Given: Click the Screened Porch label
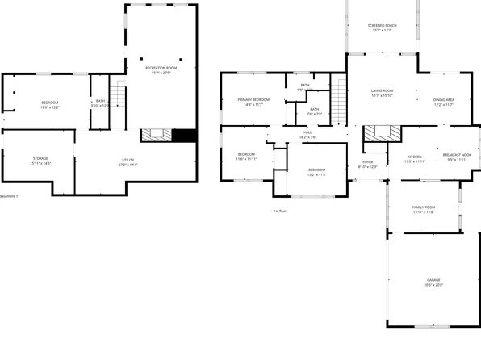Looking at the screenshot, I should tap(383, 27).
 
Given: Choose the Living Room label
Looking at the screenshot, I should tap(382, 91).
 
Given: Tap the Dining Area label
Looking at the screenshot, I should tap(443, 100).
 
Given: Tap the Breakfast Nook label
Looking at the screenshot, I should tap(458, 157).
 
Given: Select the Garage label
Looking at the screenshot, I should tap(433, 283).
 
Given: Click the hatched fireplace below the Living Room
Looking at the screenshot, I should tap(375, 133).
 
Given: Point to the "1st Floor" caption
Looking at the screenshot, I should tap(280, 211).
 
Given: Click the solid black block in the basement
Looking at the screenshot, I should tap(186, 135).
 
